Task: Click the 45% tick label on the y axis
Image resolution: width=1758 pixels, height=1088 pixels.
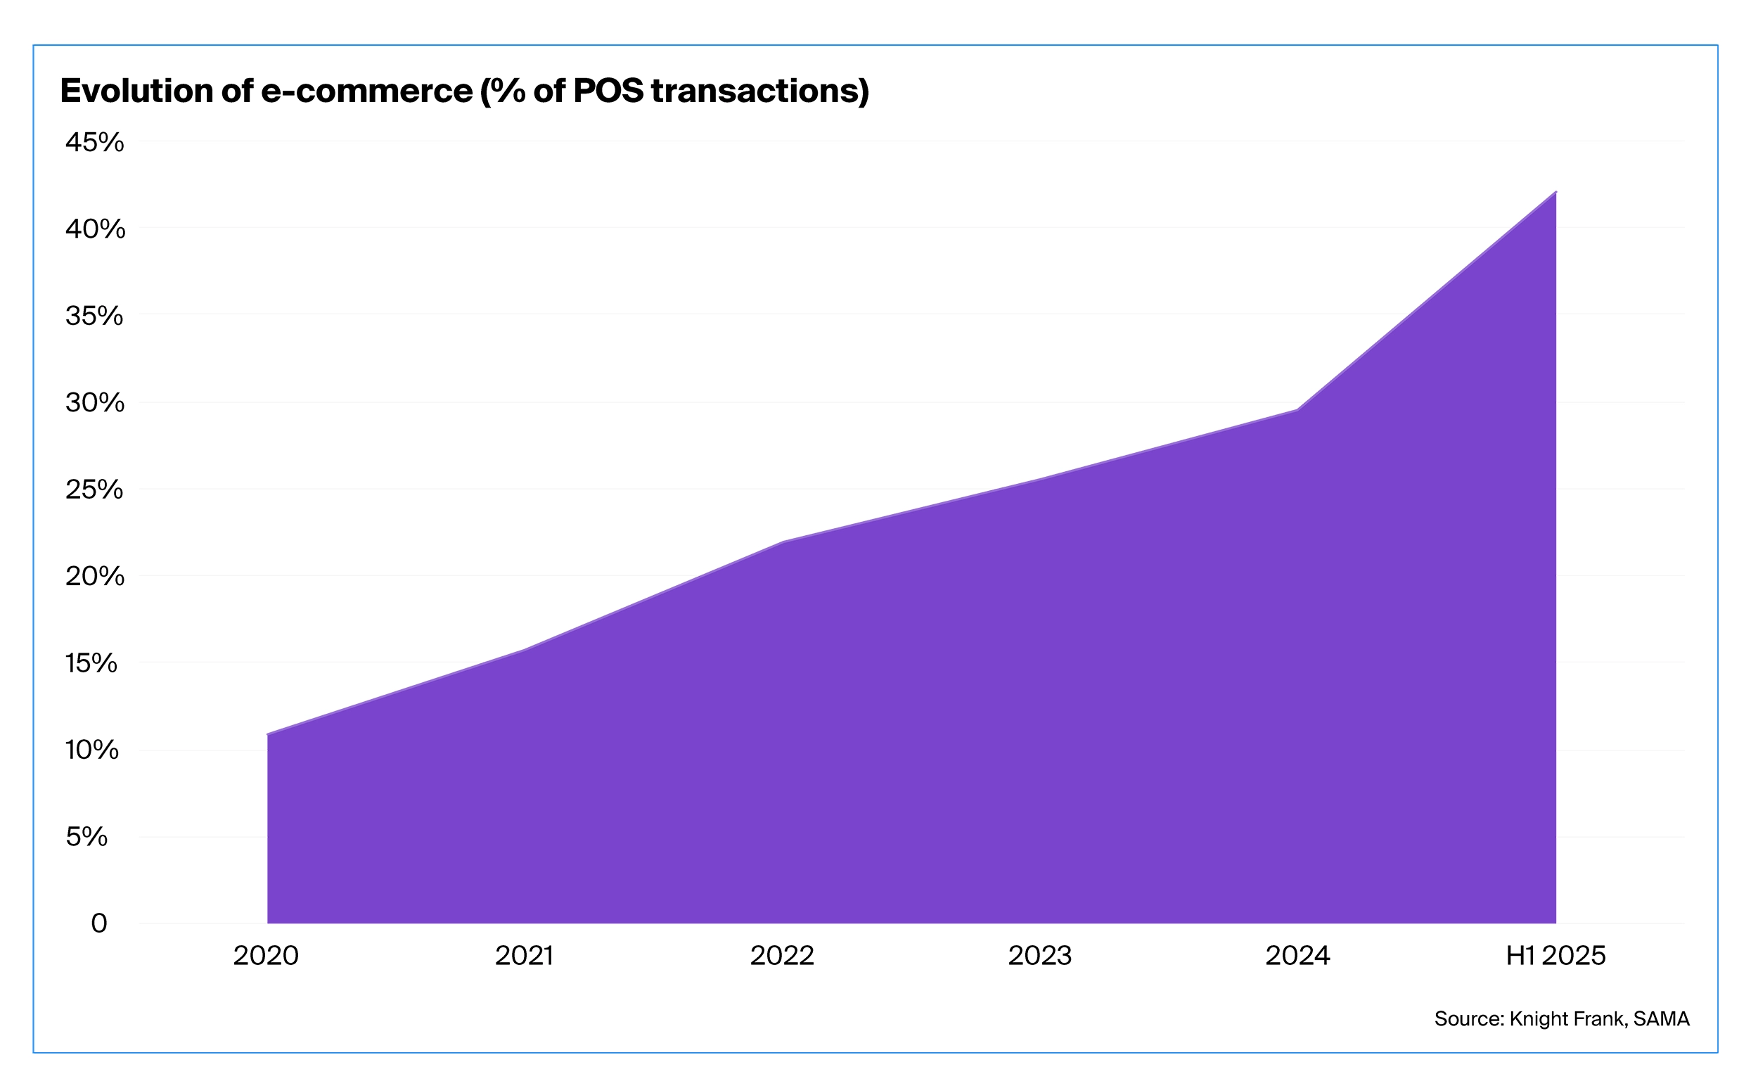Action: coord(94,143)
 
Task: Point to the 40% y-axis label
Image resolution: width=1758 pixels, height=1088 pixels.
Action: coord(95,229)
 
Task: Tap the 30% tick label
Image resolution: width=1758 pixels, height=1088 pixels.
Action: coord(95,403)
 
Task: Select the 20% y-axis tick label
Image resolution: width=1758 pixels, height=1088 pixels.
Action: coord(95,577)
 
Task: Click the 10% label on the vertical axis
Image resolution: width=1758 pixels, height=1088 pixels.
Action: coord(92,750)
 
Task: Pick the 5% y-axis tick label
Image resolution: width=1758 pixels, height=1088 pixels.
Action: coord(87,836)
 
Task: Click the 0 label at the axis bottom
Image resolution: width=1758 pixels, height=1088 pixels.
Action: coord(98,923)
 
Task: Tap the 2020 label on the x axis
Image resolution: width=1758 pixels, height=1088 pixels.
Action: coord(265,956)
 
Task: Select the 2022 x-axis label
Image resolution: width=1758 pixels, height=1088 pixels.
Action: coord(782,956)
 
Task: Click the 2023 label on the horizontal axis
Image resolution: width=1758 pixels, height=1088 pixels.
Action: coord(1039,956)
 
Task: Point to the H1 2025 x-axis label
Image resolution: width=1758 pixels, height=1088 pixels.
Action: coord(1556,956)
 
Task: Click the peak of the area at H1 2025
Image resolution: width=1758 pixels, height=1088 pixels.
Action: coord(1555,193)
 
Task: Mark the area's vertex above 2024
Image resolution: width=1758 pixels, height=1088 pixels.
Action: coord(1297,410)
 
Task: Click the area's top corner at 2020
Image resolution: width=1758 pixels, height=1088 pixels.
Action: coord(268,735)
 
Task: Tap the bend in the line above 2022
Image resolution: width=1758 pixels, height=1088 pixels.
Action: coord(782,542)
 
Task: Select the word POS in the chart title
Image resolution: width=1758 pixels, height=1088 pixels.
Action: coord(608,91)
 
